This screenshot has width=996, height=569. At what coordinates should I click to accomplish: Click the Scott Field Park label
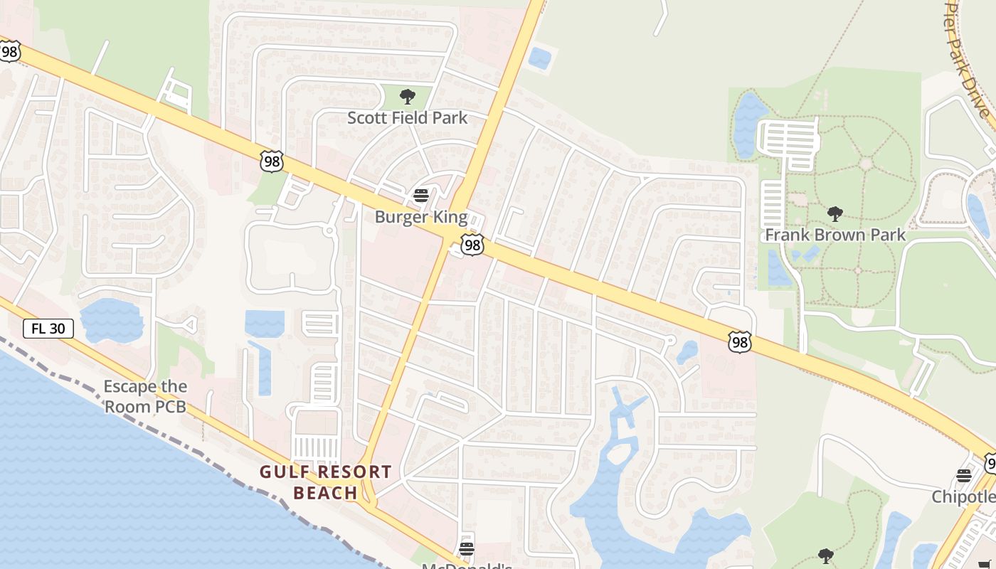407,117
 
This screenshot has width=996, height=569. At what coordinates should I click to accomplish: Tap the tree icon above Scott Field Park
408,97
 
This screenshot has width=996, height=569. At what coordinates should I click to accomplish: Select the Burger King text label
421,217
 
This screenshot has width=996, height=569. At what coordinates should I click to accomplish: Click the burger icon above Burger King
421,195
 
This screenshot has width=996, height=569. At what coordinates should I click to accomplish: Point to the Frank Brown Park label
835,235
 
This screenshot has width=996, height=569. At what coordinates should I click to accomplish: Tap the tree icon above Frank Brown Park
835,213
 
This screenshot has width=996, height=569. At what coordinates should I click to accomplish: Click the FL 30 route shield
48,328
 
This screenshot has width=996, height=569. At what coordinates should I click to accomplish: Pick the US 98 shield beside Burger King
472,245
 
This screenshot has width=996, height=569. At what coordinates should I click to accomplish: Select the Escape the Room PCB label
145,396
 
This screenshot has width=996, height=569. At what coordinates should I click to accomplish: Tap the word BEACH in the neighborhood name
325,493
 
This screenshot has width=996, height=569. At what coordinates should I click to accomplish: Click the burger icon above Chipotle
964,475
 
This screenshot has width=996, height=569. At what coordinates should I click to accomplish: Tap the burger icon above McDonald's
467,548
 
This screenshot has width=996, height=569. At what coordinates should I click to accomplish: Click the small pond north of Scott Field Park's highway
540,58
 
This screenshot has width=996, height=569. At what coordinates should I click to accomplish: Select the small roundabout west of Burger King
329,230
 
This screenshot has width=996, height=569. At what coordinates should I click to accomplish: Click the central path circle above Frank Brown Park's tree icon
866,164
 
